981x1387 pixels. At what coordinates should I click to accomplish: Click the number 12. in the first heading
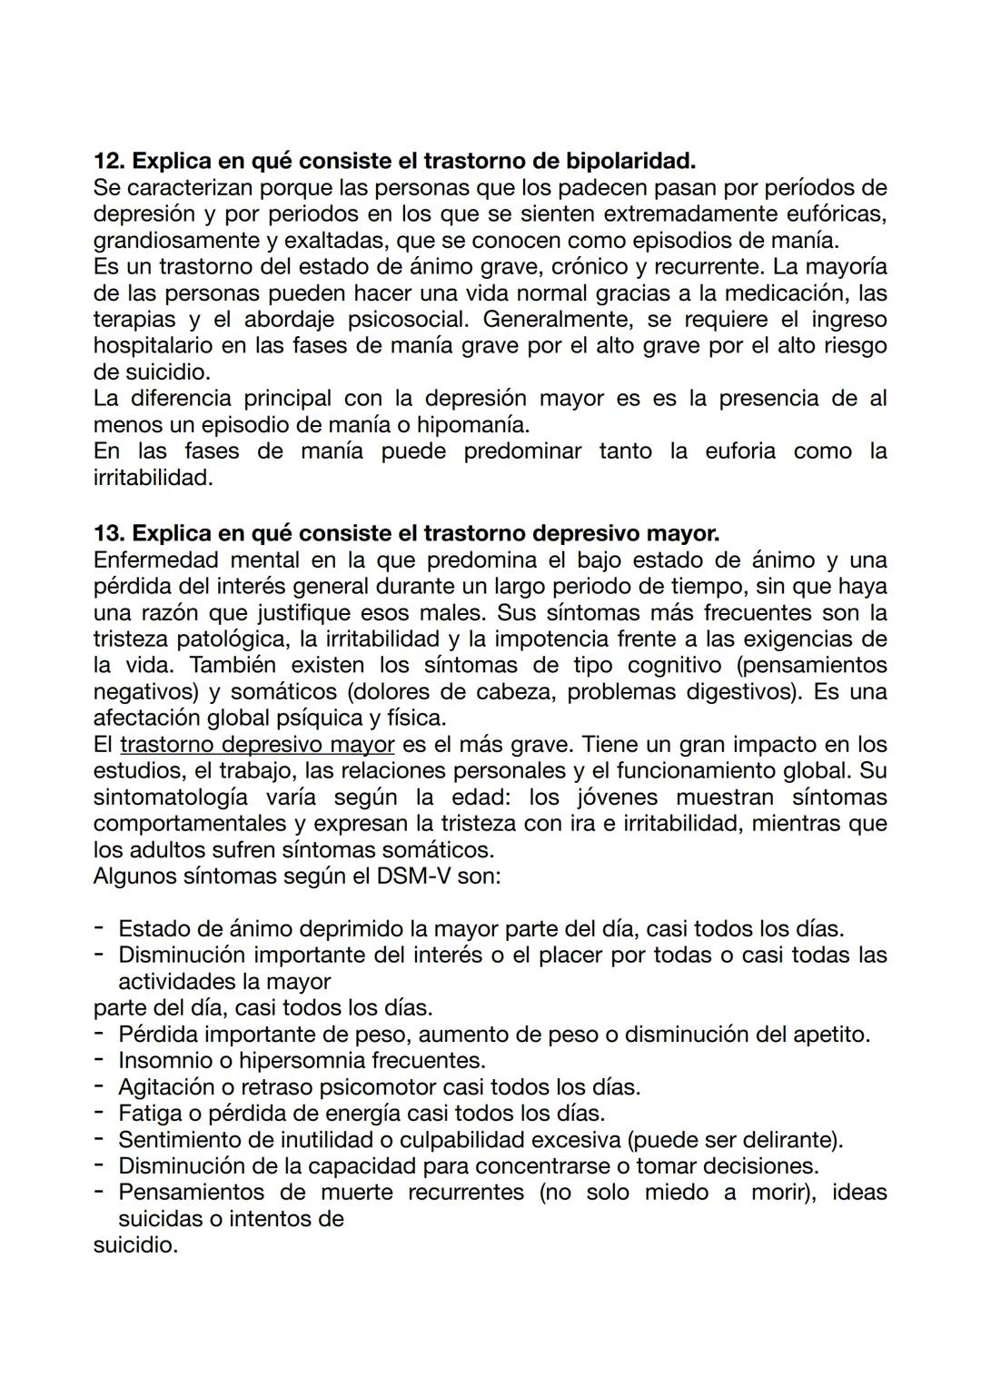[x=109, y=162]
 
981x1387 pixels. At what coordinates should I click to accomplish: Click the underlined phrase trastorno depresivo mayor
[x=257, y=745]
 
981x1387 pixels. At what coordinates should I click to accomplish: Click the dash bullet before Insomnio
[x=98, y=1061]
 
